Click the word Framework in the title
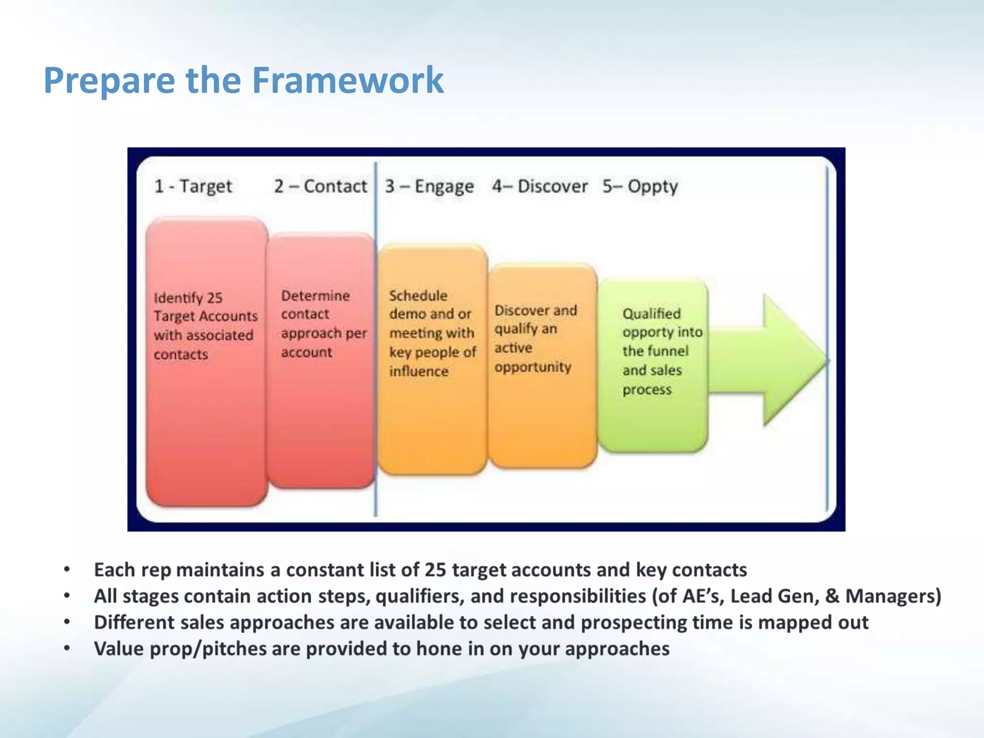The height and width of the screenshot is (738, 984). click(347, 80)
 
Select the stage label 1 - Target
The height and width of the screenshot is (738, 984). click(193, 186)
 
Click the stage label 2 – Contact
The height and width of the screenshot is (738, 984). click(320, 186)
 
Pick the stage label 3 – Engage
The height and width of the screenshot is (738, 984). click(429, 186)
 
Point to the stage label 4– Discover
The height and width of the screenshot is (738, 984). click(539, 186)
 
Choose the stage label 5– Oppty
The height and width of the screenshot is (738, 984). click(640, 186)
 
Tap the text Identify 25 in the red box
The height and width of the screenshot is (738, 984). click(188, 298)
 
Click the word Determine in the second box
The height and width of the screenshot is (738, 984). click(315, 295)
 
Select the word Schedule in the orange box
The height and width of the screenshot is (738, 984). click(418, 295)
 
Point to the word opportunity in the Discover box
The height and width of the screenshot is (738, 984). click(533, 368)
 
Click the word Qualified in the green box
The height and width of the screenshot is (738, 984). click(652, 314)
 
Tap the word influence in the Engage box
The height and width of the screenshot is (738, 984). click(418, 371)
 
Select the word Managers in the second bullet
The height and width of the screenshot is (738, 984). click(890, 596)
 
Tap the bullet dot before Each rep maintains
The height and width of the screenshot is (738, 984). click(67, 570)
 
